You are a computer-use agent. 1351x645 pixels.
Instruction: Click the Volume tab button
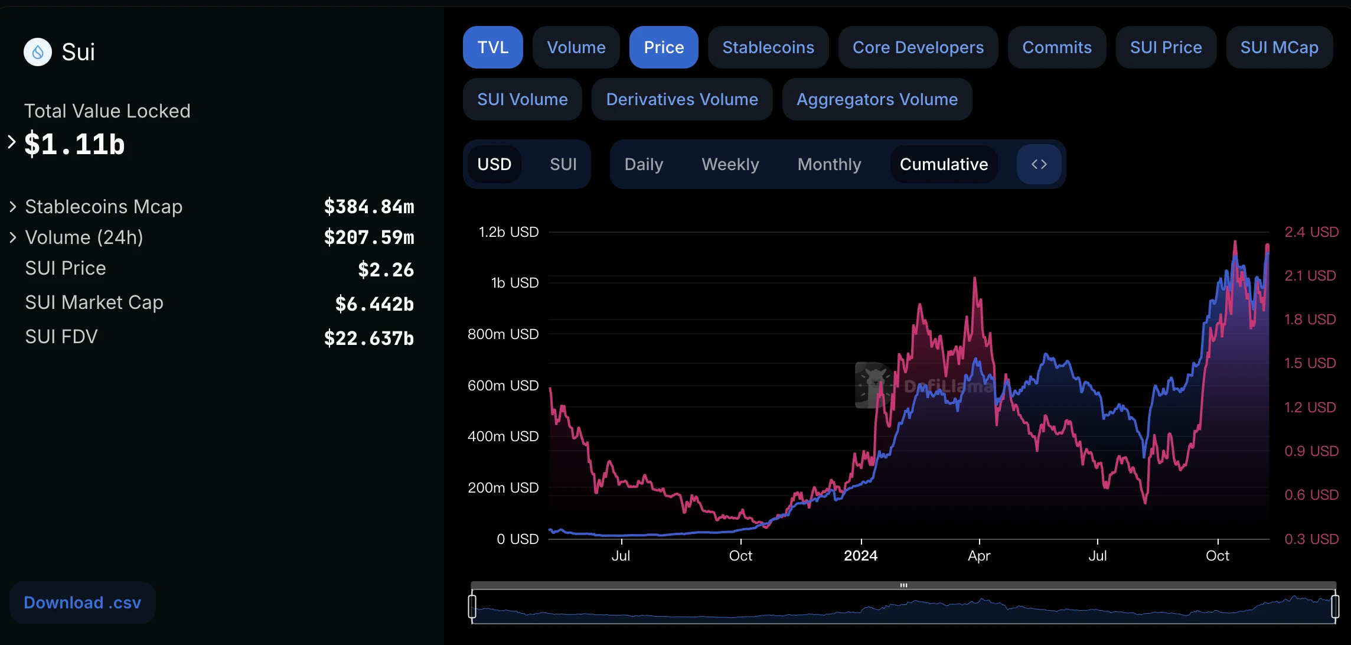coord(576,47)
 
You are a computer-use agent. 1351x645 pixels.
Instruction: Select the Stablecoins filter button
coord(768,47)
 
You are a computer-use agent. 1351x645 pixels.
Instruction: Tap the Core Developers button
coord(918,47)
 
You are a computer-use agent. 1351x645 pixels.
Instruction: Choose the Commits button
coord(1056,47)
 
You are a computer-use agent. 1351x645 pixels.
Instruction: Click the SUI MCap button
coord(1279,47)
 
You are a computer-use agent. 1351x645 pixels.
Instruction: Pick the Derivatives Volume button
coord(681,99)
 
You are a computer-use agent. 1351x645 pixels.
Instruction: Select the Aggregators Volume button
coord(877,99)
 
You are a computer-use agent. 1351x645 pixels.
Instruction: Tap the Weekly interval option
coord(730,164)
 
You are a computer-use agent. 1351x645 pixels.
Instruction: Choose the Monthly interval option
coord(829,164)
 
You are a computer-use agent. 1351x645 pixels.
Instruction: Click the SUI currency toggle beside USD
coord(563,164)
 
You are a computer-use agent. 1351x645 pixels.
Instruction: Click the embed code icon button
coord(1039,164)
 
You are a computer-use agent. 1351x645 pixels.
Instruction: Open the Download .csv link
coord(82,602)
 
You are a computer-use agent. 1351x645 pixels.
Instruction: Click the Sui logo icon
coord(38,52)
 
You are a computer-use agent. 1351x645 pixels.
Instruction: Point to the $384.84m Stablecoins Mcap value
coord(368,207)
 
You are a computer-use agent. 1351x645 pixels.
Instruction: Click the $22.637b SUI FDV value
coord(368,338)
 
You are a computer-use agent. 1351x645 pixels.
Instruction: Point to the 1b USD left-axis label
coord(514,283)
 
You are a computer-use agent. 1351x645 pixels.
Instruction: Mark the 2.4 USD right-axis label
coord(1311,232)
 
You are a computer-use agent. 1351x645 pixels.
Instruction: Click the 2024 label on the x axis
coord(860,556)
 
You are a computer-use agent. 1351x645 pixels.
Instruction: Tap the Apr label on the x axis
coord(979,556)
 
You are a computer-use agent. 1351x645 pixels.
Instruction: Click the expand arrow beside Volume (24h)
coord(13,237)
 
